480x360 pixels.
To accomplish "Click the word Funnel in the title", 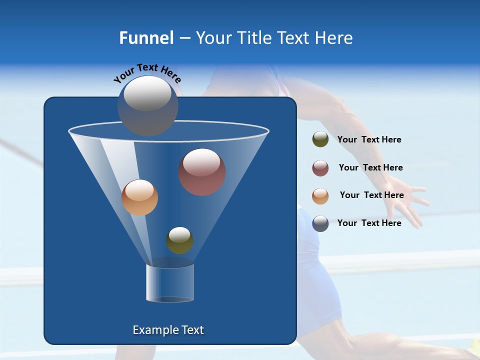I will pyautogui.click(x=146, y=38).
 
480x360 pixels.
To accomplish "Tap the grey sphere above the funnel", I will pyautogui.click(x=148, y=105).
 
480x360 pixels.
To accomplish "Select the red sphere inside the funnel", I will pyautogui.click(x=202, y=172).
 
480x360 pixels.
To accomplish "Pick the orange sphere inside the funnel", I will pyautogui.click(x=139, y=197).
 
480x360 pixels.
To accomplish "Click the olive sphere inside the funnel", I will pyautogui.click(x=179, y=240).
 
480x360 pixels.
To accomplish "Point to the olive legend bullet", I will pyautogui.click(x=320, y=139).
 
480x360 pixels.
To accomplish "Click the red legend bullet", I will pyautogui.click(x=320, y=167).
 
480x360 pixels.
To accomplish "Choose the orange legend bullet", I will pyautogui.click(x=320, y=195).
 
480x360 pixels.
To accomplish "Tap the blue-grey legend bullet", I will pyautogui.click(x=320, y=223).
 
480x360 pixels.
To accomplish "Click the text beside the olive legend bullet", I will pyautogui.click(x=369, y=139).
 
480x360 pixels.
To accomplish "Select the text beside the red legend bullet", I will pyautogui.click(x=370, y=167).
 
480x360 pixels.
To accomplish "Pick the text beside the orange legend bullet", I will pyautogui.click(x=371, y=195).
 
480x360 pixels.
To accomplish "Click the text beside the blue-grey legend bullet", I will pyautogui.click(x=369, y=223).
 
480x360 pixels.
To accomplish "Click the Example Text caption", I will pyautogui.click(x=168, y=330).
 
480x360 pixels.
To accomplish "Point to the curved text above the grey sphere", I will pyautogui.click(x=147, y=73).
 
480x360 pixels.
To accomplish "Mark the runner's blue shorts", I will pyautogui.click(x=312, y=280).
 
